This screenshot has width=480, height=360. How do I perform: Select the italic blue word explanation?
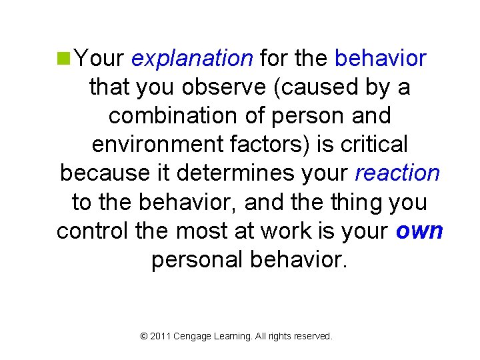[x=192, y=59]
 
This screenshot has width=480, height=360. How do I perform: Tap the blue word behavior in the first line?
[x=380, y=59]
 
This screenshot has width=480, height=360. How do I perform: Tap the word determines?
[x=237, y=173]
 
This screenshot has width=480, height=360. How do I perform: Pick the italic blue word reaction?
[x=397, y=173]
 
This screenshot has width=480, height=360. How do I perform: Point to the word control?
[x=93, y=231]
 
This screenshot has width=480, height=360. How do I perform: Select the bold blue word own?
[x=419, y=231]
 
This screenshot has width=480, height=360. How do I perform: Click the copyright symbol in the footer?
[x=144, y=337]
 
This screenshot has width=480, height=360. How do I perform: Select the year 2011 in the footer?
[x=160, y=337]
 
